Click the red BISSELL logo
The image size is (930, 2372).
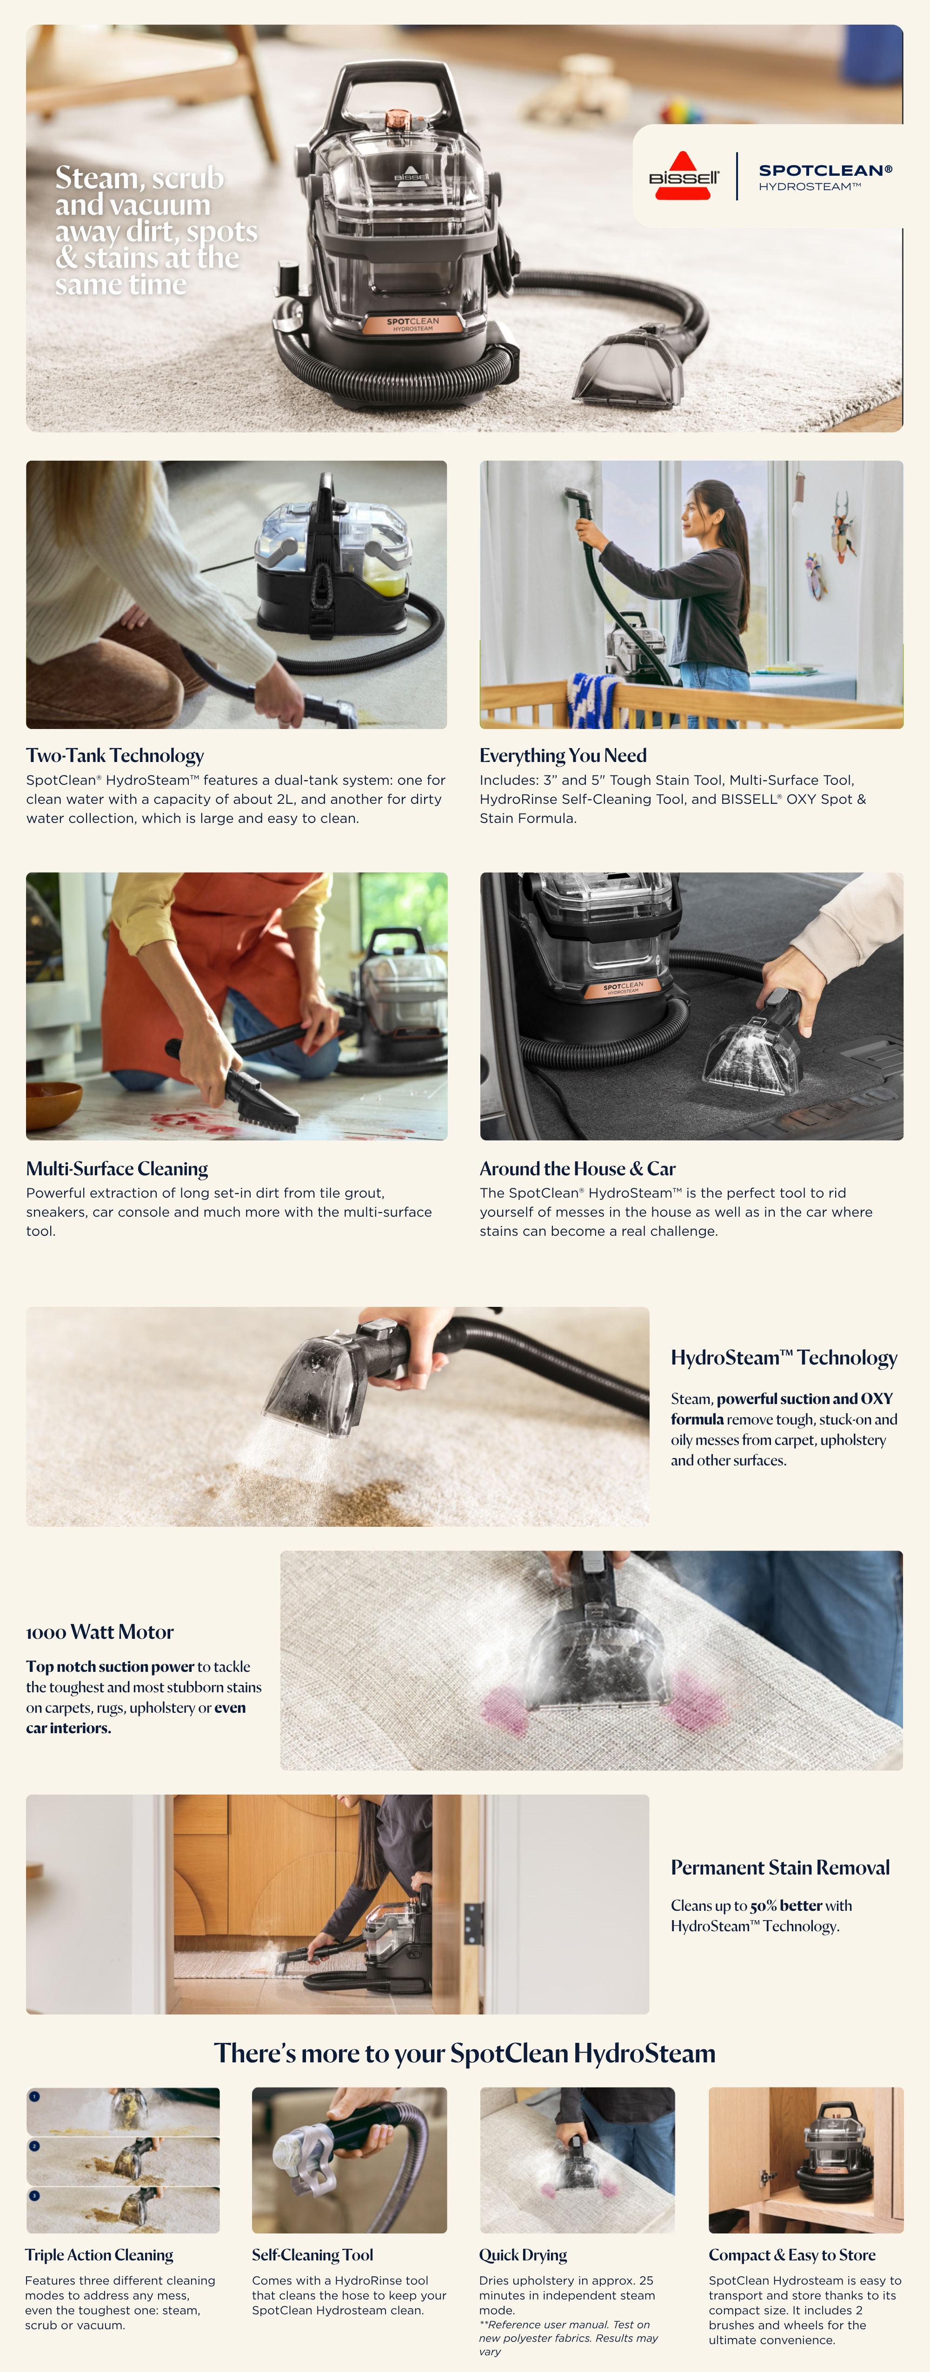pyautogui.click(x=683, y=175)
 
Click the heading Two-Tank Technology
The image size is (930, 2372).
pyautogui.click(x=115, y=755)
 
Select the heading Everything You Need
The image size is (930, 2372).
pyautogui.click(x=563, y=755)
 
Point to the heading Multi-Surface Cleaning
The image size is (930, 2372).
pyautogui.click(x=117, y=1168)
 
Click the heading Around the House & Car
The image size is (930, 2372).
pyautogui.click(x=578, y=1168)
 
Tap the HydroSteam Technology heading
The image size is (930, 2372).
pyautogui.click(x=784, y=1357)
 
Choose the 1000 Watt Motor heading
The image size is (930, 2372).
pyautogui.click(x=100, y=1632)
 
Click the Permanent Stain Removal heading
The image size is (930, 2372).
pyautogui.click(x=780, y=1868)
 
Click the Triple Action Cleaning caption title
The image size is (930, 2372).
pyautogui.click(x=100, y=2255)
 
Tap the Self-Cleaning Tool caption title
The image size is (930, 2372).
pyautogui.click(x=312, y=2255)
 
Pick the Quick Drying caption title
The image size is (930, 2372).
pyautogui.click(x=523, y=2255)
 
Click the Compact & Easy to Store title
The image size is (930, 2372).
pyautogui.click(x=792, y=2255)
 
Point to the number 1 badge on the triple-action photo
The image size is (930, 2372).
pyautogui.click(x=34, y=2097)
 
